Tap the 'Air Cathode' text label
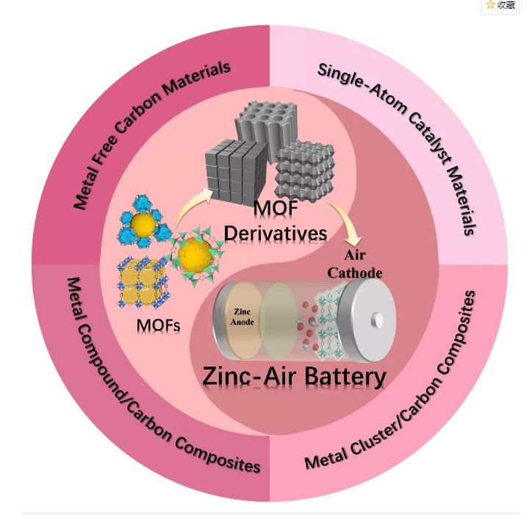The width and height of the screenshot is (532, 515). point(363,265)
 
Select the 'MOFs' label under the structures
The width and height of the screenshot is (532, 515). point(159,324)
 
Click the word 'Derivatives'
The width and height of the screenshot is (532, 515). point(276,234)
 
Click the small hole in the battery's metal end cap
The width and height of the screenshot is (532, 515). point(378,320)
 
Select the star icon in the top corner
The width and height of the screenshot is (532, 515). point(490,5)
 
